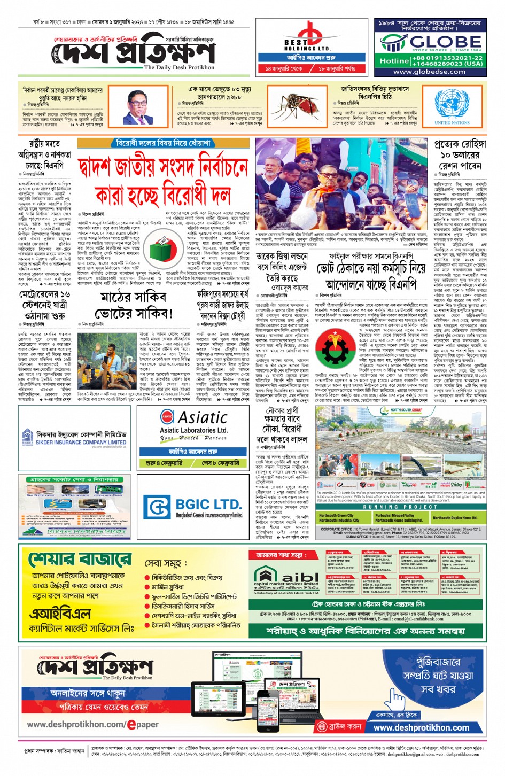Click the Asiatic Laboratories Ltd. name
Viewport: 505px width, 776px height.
(193, 430)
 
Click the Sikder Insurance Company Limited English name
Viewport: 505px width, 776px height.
(81, 443)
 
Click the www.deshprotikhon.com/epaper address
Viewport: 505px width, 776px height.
(92, 724)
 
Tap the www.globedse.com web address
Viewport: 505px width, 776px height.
(429, 71)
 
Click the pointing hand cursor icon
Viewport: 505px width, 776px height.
(396, 697)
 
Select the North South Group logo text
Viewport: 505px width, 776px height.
(406, 410)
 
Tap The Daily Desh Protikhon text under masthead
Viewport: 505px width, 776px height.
(179, 67)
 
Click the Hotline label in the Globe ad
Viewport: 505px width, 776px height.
(394, 60)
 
